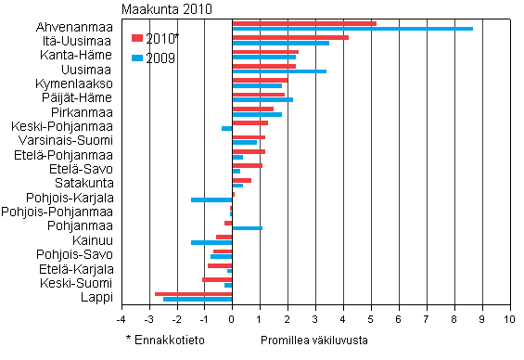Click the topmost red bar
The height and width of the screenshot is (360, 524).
click(304, 23)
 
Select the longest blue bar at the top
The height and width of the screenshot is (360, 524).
click(352, 29)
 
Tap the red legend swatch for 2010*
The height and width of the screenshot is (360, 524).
click(137, 38)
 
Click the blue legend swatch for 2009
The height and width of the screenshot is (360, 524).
click(137, 58)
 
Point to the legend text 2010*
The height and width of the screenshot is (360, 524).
click(161, 38)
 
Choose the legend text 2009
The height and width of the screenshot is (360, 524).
click(160, 58)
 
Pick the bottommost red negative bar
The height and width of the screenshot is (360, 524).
click(193, 294)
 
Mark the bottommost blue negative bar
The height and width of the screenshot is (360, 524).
click(198, 300)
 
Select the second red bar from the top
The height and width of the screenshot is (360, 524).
click(290, 37)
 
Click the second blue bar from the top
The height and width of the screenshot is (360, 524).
click(280, 43)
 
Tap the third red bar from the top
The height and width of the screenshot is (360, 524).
click(265, 52)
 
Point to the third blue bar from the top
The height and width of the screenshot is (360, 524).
click(263, 58)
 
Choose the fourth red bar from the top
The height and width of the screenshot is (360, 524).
click(263, 66)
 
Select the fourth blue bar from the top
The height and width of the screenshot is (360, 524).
click(279, 71)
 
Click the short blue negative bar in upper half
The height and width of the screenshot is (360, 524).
click(226, 128)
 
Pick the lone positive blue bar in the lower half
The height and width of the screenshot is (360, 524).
click(247, 228)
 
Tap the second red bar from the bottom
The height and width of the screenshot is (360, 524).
click(217, 279)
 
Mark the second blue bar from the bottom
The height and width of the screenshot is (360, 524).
click(228, 285)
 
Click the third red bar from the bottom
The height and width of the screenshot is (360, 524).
click(220, 265)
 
